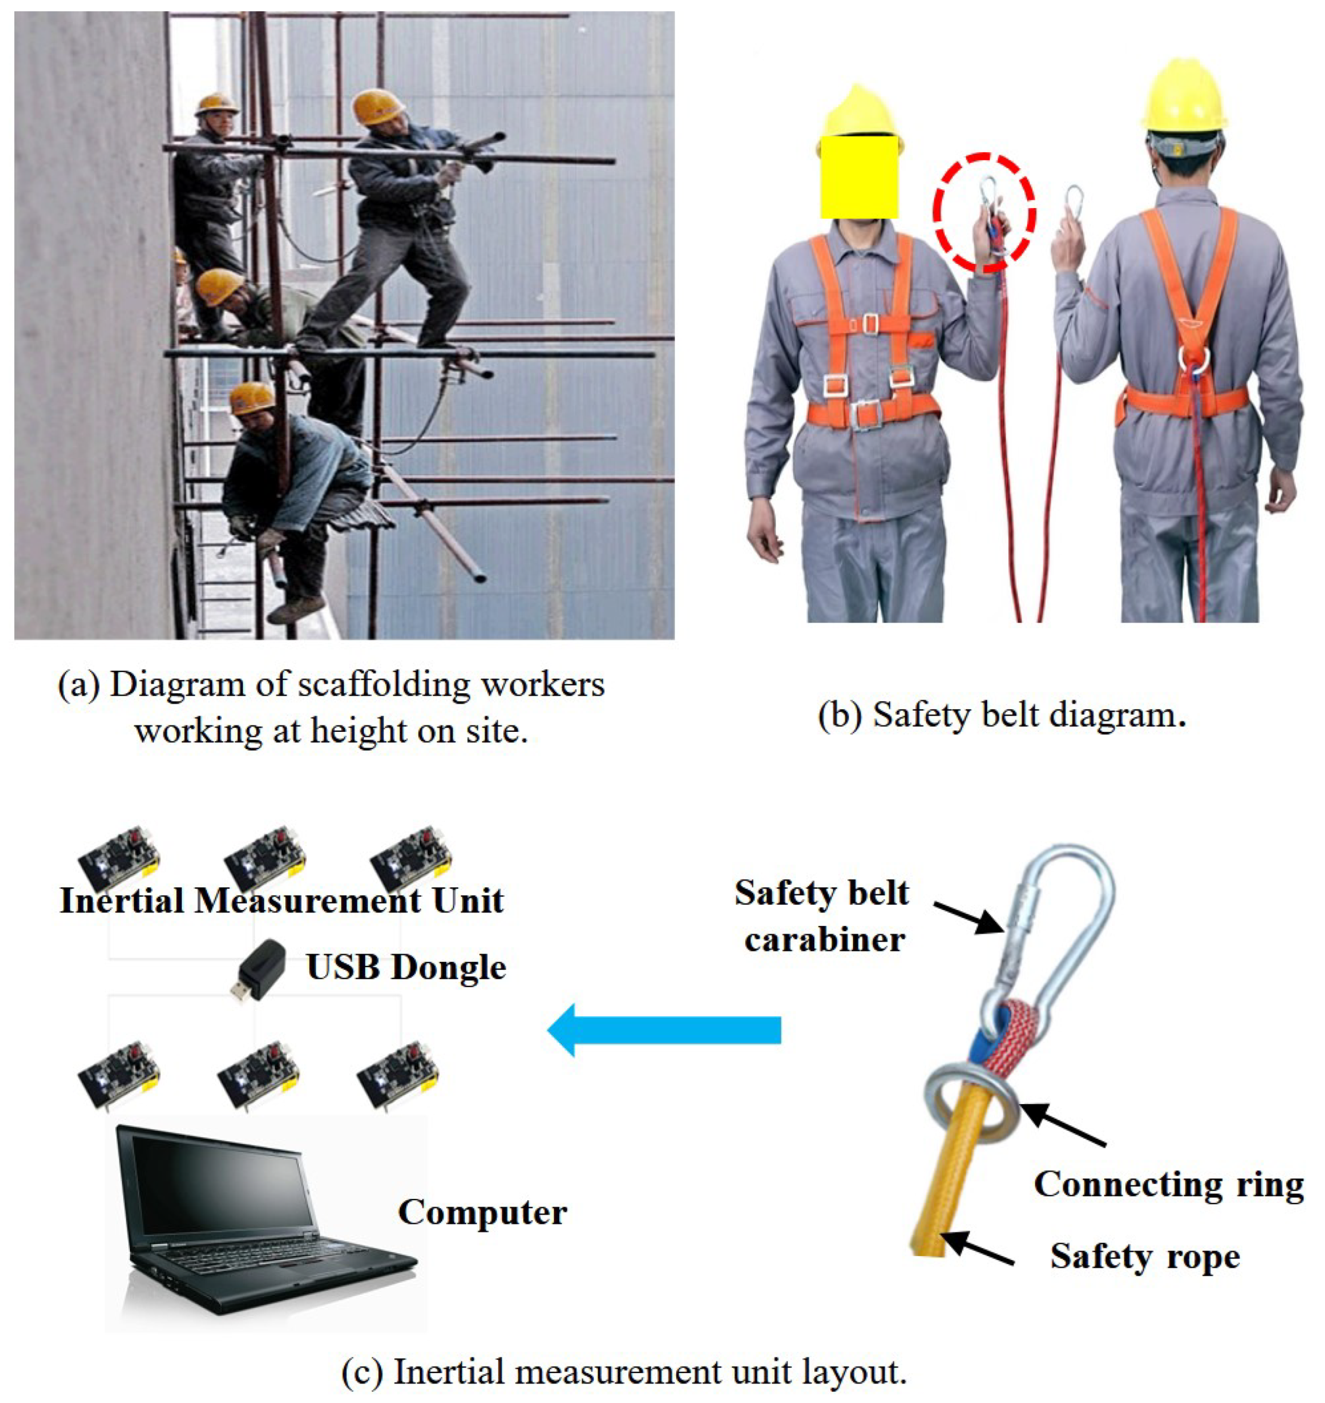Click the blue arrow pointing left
tap(664, 1029)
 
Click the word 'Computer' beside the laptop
tap(482, 1212)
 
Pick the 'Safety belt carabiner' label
tap(822, 916)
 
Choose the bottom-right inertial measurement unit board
tap(399, 1074)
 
